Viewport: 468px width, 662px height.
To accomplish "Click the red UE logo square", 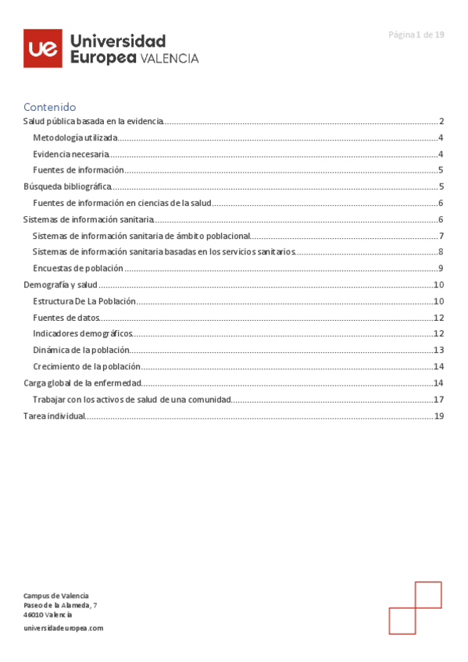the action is click(x=43, y=48).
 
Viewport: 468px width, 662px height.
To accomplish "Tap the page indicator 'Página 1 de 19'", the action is click(x=416, y=34).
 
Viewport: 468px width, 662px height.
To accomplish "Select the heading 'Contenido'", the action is click(x=49, y=107).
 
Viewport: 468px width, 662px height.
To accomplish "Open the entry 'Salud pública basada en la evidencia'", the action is click(x=93, y=121).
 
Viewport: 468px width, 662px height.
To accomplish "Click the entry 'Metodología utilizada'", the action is click(x=76, y=137).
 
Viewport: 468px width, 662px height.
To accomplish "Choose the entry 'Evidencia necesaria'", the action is click(x=71, y=154).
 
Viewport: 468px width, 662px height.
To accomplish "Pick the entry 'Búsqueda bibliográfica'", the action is click(x=67, y=187).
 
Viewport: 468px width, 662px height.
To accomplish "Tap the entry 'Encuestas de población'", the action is click(x=78, y=269).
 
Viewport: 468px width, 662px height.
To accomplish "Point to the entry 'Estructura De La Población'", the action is click(x=84, y=301).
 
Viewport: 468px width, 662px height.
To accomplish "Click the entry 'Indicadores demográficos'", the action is click(x=83, y=333).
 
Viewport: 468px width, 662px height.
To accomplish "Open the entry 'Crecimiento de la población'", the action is click(x=87, y=366).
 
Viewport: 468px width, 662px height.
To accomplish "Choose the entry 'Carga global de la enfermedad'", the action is click(x=83, y=383).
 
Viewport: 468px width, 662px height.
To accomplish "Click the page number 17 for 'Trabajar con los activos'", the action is click(x=439, y=400).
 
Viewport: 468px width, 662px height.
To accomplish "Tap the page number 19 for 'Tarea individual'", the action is click(x=439, y=416).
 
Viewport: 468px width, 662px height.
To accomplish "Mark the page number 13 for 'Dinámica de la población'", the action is click(x=439, y=351).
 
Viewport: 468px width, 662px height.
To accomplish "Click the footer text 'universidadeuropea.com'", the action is click(x=63, y=628).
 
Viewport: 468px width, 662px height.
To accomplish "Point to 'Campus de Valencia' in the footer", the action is click(x=56, y=596).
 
